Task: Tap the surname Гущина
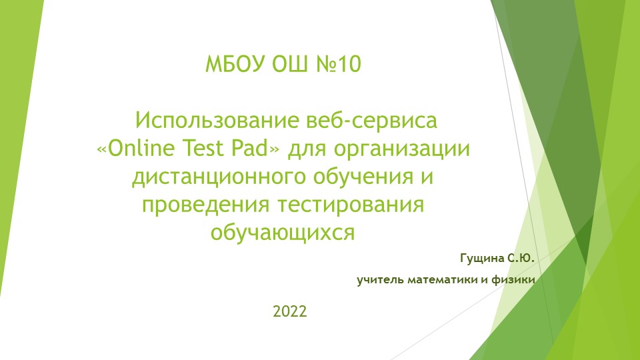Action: click(x=481, y=257)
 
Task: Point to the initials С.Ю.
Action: click(x=521, y=257)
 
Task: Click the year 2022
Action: click(x=289, y=311)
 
